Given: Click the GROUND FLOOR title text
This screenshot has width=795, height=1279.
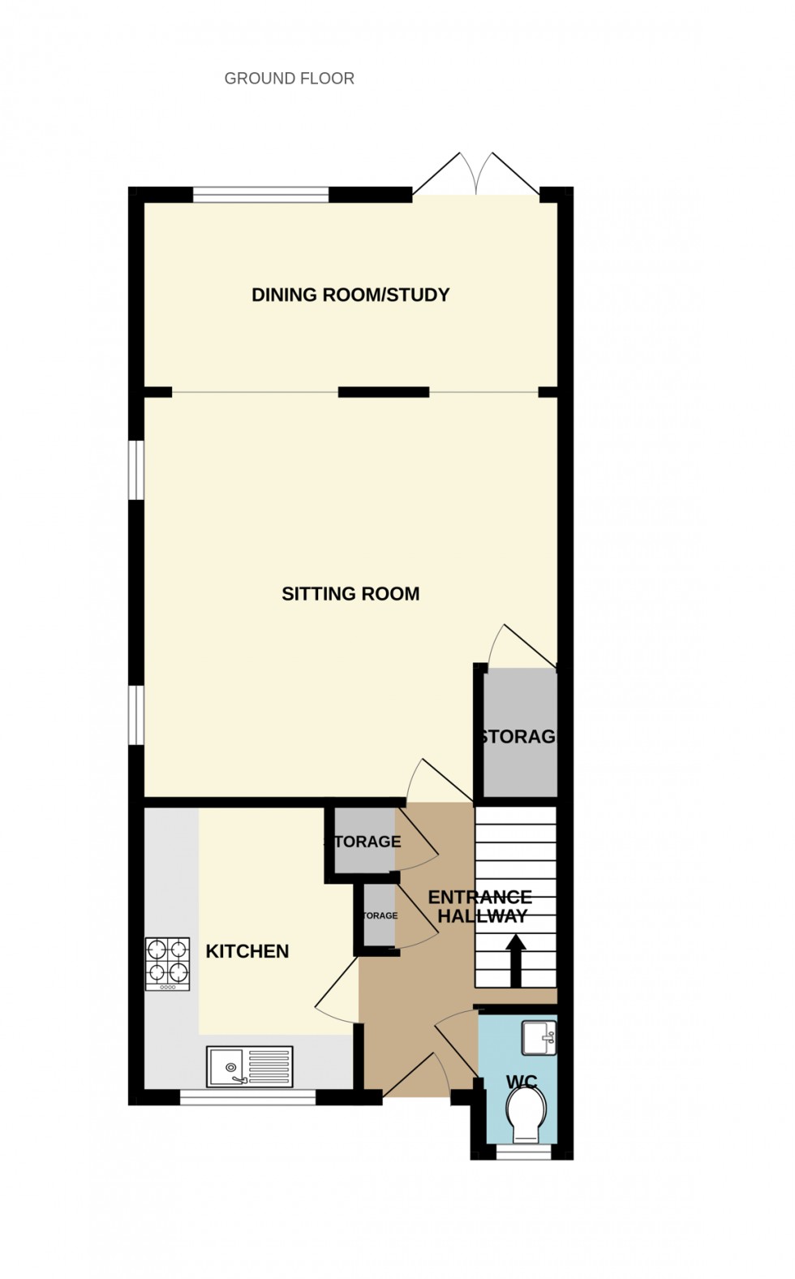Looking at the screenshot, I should [289, 79].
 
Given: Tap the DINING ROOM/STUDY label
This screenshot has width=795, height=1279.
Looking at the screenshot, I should [350, 295].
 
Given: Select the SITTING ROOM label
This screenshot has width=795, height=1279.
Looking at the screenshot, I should [350, 594].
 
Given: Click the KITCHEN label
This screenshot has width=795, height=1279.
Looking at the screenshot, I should [247, 951].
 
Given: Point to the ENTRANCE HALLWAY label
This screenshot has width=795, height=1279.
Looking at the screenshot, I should [479, 906].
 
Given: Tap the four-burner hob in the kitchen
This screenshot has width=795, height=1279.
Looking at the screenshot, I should [167, 964].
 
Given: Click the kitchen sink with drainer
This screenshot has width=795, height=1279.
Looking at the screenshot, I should [249, 1066].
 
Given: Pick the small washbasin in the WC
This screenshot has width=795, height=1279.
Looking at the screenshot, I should [539, 1038].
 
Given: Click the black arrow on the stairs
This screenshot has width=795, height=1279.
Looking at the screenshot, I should [515, 958].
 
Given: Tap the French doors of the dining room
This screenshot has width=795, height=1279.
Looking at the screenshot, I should [476, 174].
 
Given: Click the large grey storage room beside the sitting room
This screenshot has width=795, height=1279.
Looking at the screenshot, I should [520, 733].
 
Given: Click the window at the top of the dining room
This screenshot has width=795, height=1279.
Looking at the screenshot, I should [260, 194].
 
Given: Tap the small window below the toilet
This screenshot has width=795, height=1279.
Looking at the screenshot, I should [523, 1151].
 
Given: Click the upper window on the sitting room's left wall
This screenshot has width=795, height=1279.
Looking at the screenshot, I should [136, 469].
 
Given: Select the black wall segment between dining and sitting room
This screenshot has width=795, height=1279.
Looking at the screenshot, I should [383, 393].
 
